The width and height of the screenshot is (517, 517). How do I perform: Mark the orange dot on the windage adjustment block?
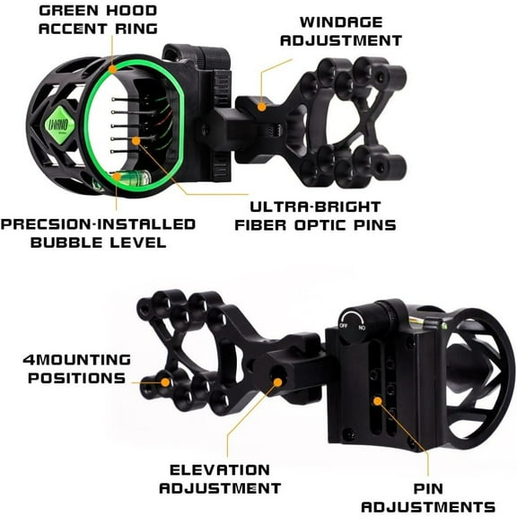262,105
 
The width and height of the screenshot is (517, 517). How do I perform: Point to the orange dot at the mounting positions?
166,381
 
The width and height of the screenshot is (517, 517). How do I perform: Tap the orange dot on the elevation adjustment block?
276,382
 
